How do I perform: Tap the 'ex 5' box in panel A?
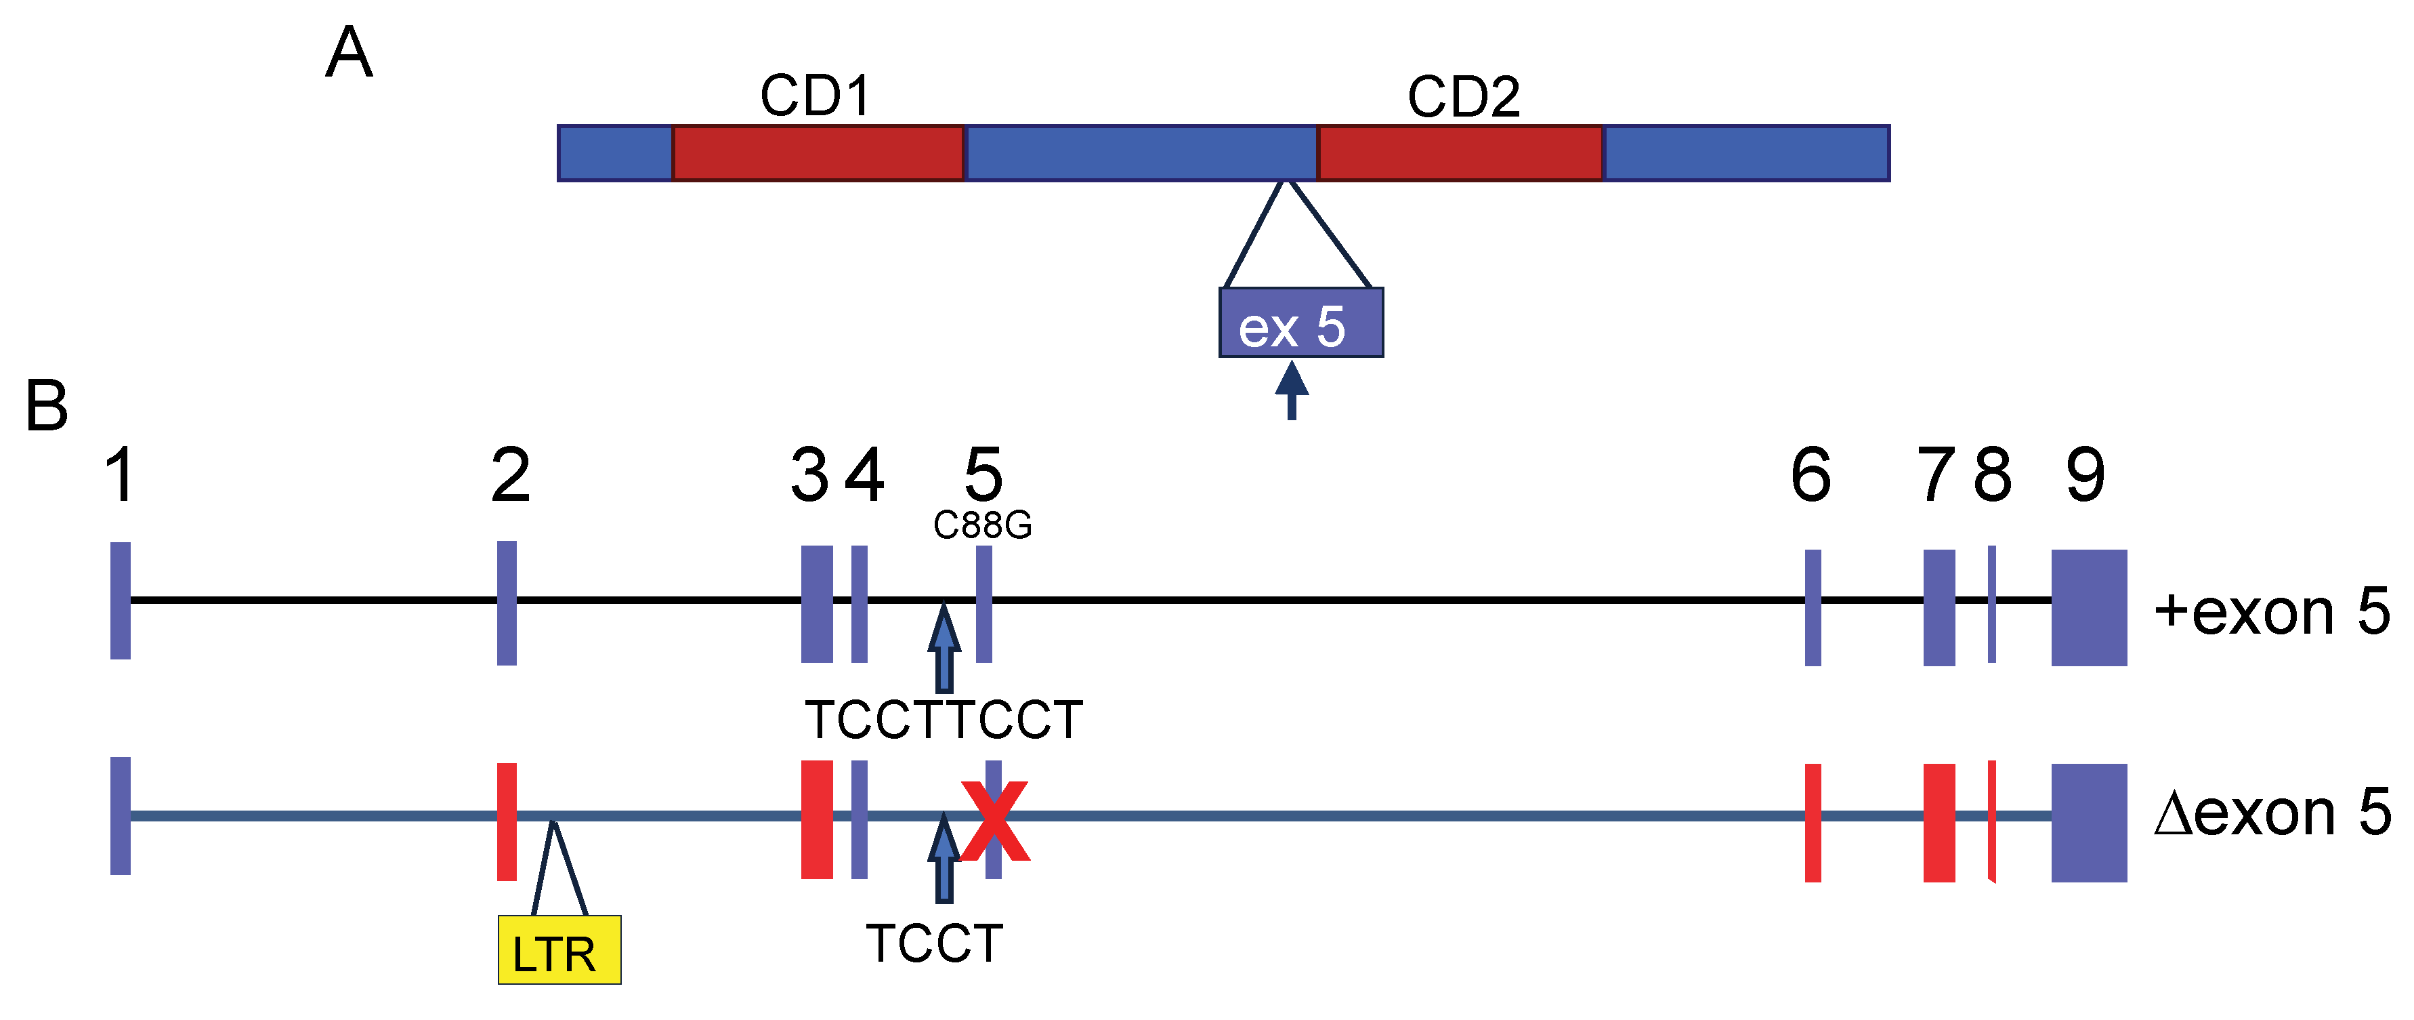point(1300,323)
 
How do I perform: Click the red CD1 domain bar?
point(817,152)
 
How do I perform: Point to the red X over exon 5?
point(995,821)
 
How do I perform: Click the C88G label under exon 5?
point(982,525)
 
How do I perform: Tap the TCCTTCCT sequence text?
point(944,720)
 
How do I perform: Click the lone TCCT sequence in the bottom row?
point(934,943)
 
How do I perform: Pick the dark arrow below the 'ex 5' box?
point(1292,390)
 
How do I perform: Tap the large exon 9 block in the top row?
point(2089,607)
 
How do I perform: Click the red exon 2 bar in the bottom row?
point(507,821)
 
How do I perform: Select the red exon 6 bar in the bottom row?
point(1813,822)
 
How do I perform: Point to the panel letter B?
point(47,406)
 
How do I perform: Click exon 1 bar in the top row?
point(120,600)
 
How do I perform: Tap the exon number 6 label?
point(1810,474)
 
